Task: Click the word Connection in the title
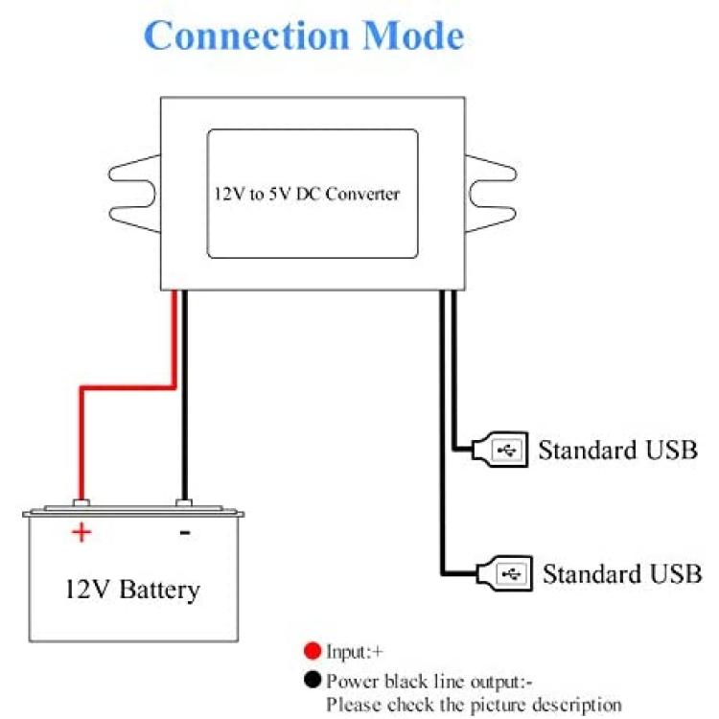point(246,35)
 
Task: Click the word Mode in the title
point(413,35)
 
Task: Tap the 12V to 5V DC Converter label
point(307,194)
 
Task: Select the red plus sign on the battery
point(81,532)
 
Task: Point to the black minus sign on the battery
point(185,532)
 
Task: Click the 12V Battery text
point(132,590)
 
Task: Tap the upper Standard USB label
point(617,450)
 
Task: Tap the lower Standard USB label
point(622,573)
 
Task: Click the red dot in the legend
point(313,651)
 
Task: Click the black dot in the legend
point(313,680)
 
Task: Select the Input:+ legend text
point(355,652)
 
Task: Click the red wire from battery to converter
point(128,388)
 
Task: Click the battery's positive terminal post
point(81,503)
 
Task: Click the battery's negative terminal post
point(184,503)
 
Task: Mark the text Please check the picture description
point(474,704)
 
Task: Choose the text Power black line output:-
point(429,681)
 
